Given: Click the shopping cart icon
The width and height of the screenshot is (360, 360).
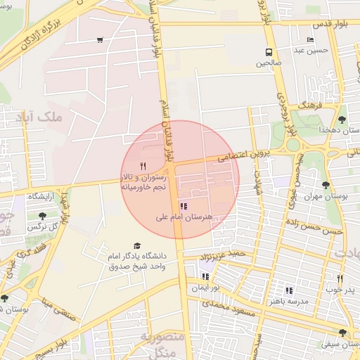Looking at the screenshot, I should click(101, 39).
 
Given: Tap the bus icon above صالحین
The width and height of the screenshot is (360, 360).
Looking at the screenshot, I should click(269, 52).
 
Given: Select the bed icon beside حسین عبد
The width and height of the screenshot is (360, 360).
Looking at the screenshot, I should click(311, 39).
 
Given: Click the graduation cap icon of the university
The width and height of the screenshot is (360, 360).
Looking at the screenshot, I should click(136, 245).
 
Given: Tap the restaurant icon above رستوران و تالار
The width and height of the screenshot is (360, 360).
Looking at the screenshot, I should click(143, 165).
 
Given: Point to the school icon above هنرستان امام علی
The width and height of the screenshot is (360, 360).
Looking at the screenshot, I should click(184, 207).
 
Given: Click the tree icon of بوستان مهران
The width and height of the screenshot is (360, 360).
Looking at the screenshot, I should click(325, 185).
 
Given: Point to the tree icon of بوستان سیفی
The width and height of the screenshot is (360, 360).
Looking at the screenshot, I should click(342, 333).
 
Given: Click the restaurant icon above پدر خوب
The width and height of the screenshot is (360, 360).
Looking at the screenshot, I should click(341, 278).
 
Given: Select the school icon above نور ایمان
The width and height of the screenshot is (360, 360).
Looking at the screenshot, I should click(205, 277).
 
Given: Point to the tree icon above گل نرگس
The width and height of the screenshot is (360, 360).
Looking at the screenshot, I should click(43, 216).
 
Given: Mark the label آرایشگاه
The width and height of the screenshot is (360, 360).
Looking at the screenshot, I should click(43, 197).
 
